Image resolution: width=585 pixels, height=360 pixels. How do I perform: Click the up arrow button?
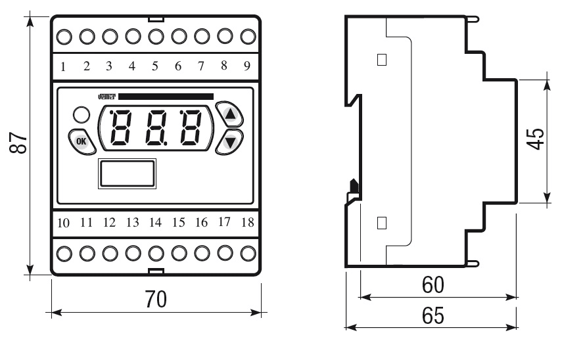click(229, 114)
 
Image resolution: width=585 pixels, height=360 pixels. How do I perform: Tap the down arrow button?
click(229, 141)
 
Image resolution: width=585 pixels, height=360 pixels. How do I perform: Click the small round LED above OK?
click(82, 114)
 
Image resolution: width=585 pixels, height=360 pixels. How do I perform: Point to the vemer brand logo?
click(106, 97)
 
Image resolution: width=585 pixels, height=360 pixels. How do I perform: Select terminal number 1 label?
click(63, 66)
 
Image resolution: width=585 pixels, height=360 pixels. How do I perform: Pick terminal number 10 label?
click(63, 222)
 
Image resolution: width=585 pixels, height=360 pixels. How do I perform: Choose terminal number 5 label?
click(154, 66)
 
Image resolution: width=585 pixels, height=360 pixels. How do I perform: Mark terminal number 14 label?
click(154, 222)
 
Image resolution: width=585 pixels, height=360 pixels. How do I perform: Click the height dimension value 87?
click(19, 143)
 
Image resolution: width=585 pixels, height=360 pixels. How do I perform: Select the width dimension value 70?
click(156, 299)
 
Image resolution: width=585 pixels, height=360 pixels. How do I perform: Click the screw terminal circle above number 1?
click(64, 35)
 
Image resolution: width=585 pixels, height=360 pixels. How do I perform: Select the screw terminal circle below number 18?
click(248, 252)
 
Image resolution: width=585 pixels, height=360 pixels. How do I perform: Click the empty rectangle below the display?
click(128, 173)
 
